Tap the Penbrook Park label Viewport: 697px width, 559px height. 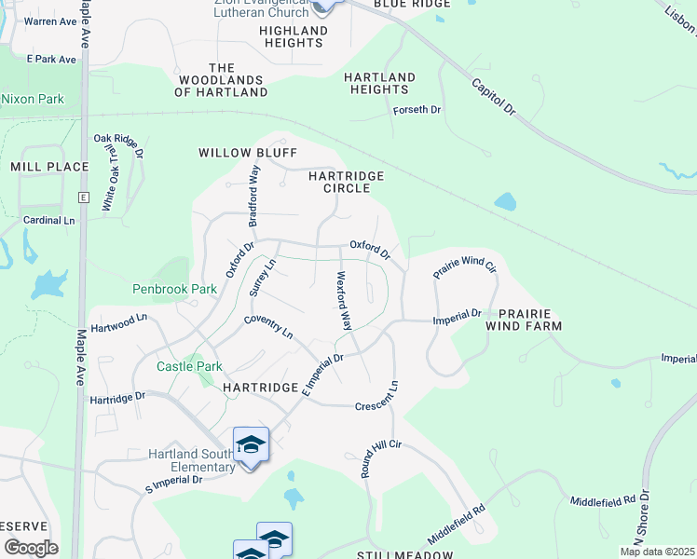[174, 289]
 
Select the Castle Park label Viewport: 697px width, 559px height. [189, 366]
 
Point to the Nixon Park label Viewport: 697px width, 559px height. [32, 98]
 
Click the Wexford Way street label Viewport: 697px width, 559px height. [344, 301]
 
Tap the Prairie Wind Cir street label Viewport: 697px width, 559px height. [464, 266]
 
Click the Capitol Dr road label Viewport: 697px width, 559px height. [494, 97]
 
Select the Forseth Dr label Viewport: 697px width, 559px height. [417, 110]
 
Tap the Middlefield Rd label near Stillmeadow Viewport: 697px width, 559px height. [457, 526]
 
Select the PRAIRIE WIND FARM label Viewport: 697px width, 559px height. [529, 320]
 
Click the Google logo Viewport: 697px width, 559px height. [31, 548]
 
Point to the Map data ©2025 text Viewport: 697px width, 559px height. [657, 552]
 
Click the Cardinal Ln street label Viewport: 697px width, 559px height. [48, 221]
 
